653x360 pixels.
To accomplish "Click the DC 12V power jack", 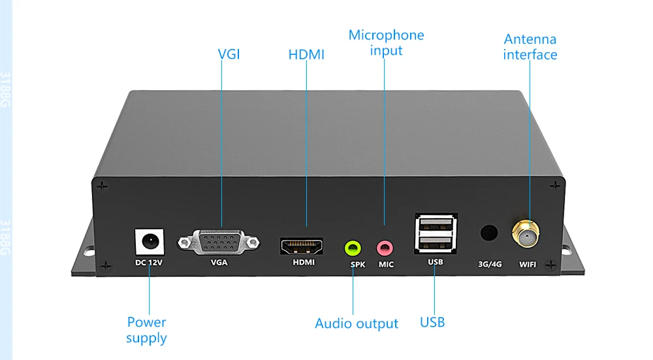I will click(149, 242).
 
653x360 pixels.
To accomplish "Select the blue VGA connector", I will click(219, 244).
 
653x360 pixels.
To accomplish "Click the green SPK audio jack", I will click(353, 248).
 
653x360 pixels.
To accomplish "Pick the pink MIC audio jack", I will click(385, 248).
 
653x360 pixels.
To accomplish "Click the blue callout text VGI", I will click(229, 54).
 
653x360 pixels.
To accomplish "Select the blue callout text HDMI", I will click(306, 54).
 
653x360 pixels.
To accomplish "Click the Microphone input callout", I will click(386, 42).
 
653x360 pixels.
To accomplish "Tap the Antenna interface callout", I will click(530, 47).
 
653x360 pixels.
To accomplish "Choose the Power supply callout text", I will click(146, 330).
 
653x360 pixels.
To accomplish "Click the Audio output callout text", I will click(357, 323).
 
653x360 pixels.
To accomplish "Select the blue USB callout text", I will click(432, 322).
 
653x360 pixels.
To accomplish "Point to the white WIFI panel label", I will click(528, 265).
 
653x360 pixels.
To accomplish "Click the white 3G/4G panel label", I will click(489, 265).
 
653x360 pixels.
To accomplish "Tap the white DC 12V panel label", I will click(148, 263).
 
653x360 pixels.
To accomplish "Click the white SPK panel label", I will click(358, 265).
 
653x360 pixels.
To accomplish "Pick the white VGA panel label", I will click(219, 263).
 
